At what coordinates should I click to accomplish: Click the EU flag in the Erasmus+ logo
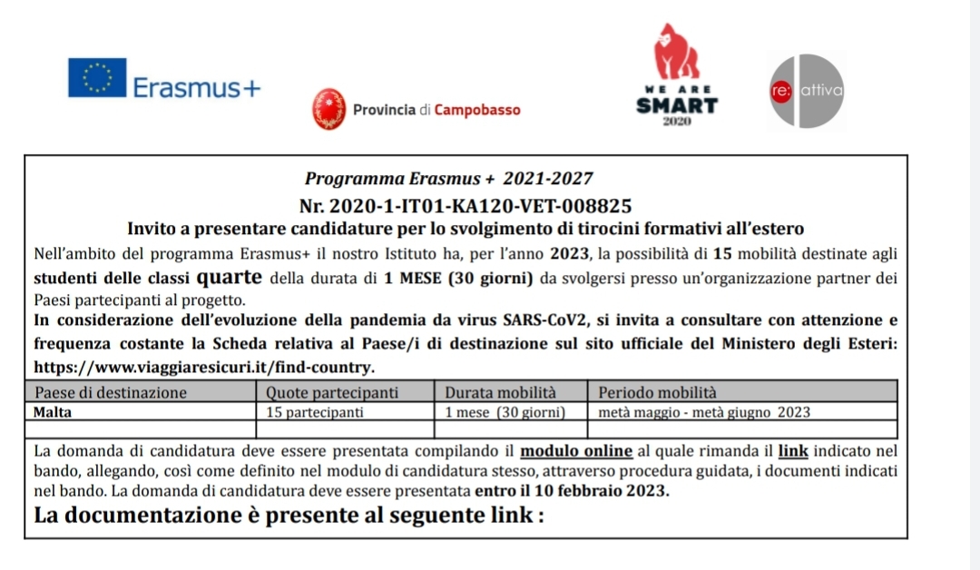pyautogui.click(x=97, y=78)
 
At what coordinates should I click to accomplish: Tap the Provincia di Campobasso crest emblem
pyautogui.click(x=328, y=110)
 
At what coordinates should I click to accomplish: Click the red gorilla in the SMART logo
pyautogui.click(x=677, y=53)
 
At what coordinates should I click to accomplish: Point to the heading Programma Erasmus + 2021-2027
pyautogui.click(x=449, y=180)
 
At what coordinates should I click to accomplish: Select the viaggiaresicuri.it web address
pyautogui.click(x=203, y=368)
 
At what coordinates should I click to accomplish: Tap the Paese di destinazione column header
pyautogui.click(x=110, y=393)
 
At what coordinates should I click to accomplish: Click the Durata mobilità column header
pyautogui.click(x=499, y=393)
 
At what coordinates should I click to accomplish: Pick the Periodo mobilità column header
pyautogui.click(x=658, y=393)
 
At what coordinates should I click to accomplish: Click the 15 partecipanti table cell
pyautogui.click(x=315, y=411)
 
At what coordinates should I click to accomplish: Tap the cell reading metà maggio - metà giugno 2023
pyautogui.click(x=704, y=411)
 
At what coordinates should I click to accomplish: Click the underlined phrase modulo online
pyautogui.click(x=577, y=451)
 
